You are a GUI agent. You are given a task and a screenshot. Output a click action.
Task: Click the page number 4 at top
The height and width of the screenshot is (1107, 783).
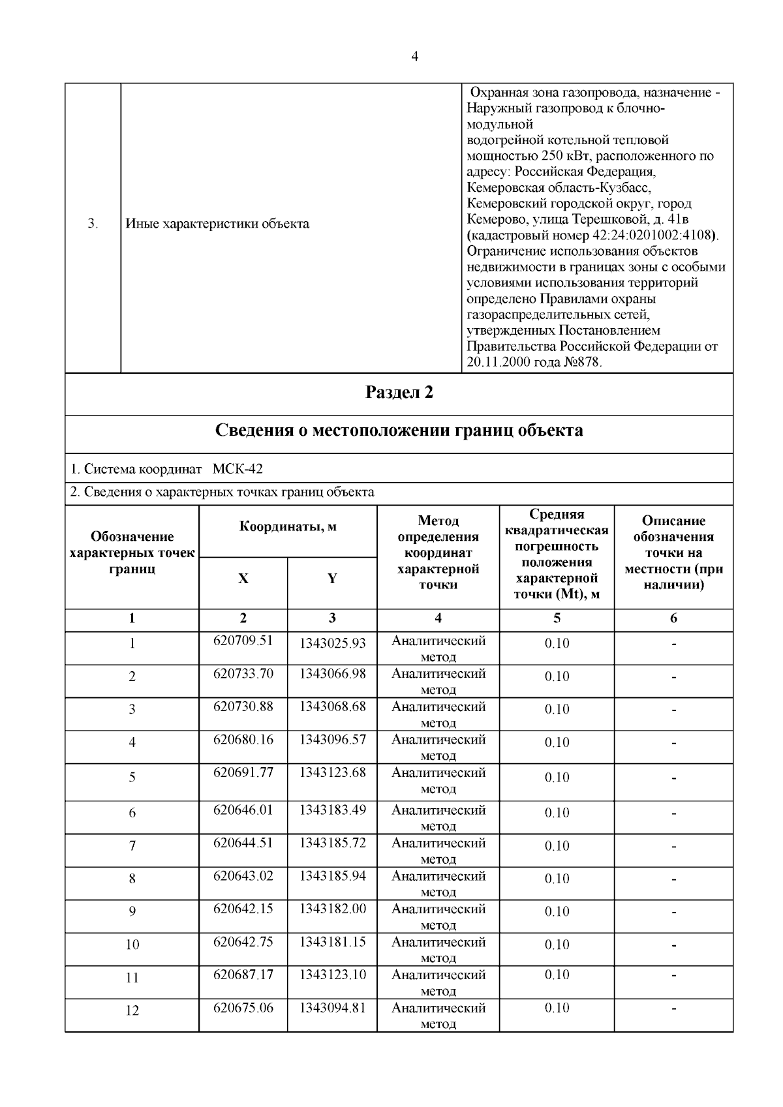tap(415, 56)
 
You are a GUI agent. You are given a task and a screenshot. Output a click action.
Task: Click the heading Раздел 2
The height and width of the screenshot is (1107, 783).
tap(399, 393)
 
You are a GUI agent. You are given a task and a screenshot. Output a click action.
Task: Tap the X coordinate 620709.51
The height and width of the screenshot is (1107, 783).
tap(243, 641)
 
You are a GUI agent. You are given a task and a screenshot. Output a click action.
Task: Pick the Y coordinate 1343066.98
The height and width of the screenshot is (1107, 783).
tap(332, 674)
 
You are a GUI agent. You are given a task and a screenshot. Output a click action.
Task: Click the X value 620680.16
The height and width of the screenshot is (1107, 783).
tap(243, 740)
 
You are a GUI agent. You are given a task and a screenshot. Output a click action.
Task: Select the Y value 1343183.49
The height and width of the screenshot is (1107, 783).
tap(332, 810)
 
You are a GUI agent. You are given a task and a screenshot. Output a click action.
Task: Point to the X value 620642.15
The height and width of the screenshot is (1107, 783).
tap(243, 909)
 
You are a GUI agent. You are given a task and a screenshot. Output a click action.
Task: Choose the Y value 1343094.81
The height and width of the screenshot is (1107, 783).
tap(332, 1008)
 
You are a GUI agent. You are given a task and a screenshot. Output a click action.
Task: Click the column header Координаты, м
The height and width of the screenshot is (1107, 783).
tap(288, 527)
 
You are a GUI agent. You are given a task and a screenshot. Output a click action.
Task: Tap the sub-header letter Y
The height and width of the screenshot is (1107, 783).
tap(332, 579)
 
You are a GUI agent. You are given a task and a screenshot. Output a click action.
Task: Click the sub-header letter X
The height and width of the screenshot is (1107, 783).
tap(243, 579)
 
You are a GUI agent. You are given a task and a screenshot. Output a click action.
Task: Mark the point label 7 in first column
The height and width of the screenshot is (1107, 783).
tap(132, 846)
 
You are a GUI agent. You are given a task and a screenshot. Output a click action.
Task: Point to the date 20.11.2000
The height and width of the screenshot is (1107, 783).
tap(499, 363)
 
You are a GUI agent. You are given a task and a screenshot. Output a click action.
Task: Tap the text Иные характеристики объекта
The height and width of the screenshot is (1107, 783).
tap(217, 224)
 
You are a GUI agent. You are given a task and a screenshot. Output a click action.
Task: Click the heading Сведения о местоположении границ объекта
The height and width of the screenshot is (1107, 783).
tap(399, 431)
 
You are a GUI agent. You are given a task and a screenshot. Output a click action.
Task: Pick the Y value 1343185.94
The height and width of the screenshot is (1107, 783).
tap(332, 876)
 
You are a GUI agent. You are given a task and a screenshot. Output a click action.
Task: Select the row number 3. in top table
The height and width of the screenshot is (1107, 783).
tap(93, 224)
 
